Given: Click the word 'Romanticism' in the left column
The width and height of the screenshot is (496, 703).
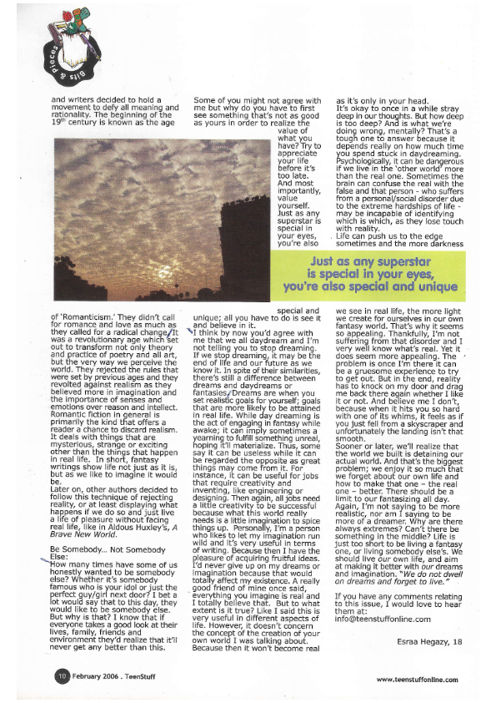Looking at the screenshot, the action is pos(91,341).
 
